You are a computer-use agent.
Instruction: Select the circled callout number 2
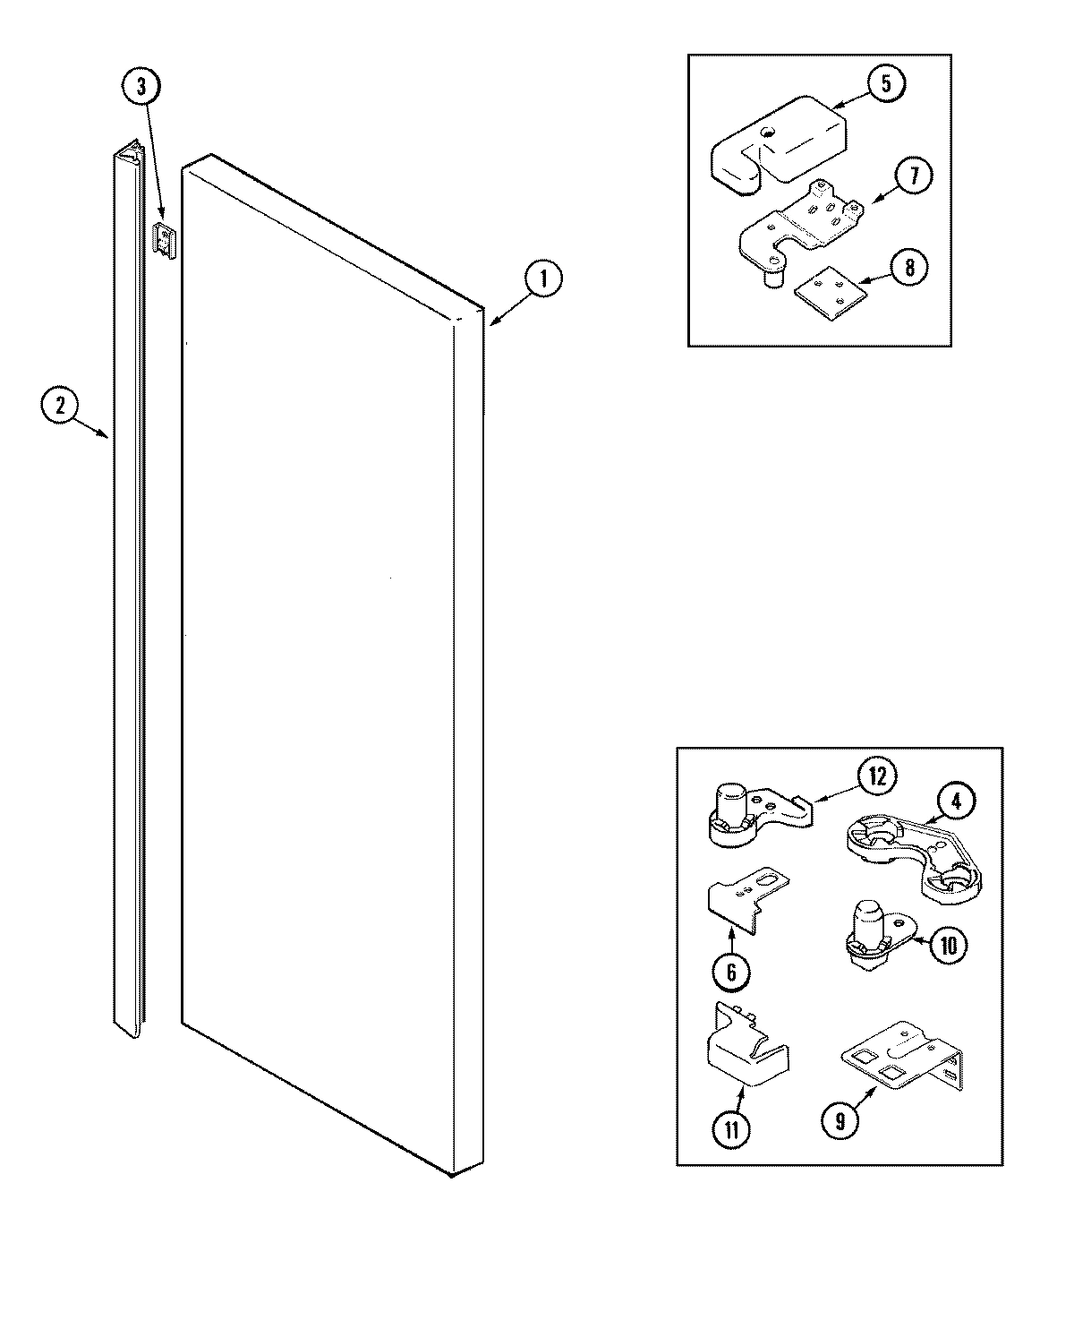[x=60, y=407]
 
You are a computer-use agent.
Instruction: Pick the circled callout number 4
[x=956, y=802]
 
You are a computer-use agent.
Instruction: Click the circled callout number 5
[x=885, y=84]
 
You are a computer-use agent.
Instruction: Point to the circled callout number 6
[x=731, y=972]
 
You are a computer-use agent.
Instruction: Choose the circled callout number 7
[x=914, y=176]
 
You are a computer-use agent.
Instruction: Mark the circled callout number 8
[x=908, y=268]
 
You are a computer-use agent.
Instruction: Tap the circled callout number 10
[x=949, y=945]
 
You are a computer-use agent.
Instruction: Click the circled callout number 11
[x=732, y=1129]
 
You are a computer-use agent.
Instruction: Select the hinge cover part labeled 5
[x=779, y=143]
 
